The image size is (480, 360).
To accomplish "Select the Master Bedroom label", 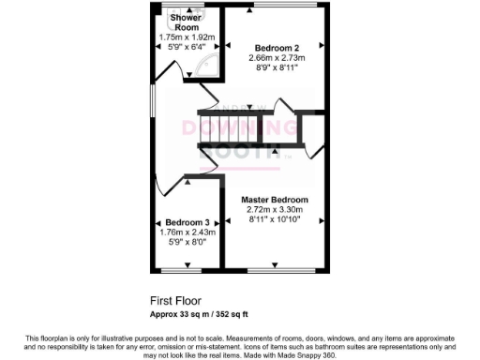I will (274, 200).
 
